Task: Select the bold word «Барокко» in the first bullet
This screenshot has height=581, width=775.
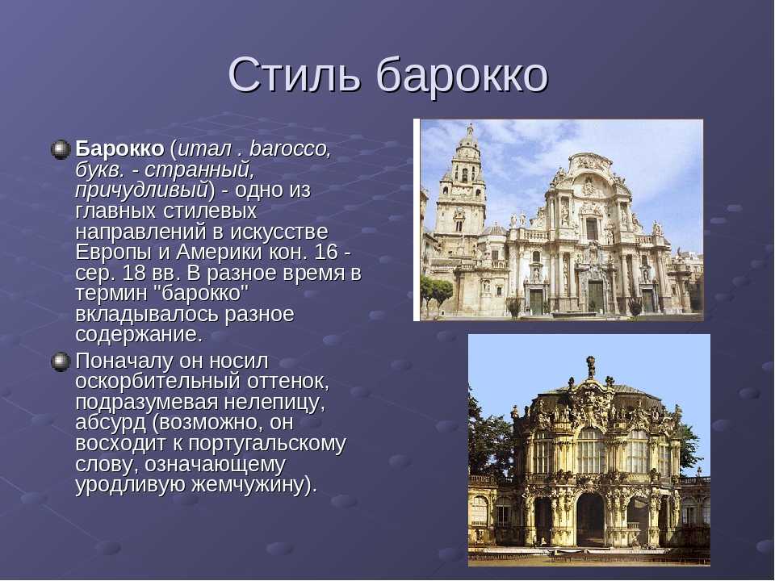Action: pos(119,148)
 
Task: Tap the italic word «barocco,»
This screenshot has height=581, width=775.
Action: pos(290,148)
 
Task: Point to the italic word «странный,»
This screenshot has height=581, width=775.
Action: pos(199,169)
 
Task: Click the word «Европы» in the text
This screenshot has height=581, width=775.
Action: pos(113,253)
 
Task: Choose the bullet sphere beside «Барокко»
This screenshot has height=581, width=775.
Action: pos(61,149)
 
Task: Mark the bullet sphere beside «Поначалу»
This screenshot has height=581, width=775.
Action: pos(61,362)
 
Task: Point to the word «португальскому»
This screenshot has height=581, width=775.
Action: pos(267,444)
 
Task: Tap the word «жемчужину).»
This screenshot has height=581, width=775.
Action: pos(253,485)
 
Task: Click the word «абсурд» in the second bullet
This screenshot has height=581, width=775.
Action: pos(111,423)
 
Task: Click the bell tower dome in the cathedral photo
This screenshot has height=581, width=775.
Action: pos(468,140)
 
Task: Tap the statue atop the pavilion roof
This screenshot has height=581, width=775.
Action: pos(590,367)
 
